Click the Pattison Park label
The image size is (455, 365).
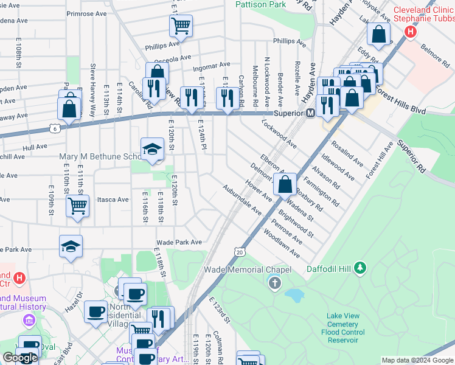(x=260, y=4)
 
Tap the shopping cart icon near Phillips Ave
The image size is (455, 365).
(x=181, y=26)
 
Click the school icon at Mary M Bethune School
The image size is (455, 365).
(x=152, y=148)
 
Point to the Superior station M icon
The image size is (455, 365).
(x=310, y=113)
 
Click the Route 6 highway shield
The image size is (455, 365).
(x=55, y=128)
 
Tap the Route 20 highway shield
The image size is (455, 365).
(x=240, y=251)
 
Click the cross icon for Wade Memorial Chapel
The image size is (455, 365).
(x=274, y=282)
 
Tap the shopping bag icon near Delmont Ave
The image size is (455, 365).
(x=285, y=184)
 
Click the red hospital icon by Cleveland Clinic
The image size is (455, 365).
(x=411, y=30)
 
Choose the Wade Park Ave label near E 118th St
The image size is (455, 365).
(x=179, y=242)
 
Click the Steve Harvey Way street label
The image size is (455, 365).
(x=93, y=90)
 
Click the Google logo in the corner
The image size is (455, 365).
(x=20, y=358)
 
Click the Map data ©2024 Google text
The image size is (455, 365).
(x=417, y=360)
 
